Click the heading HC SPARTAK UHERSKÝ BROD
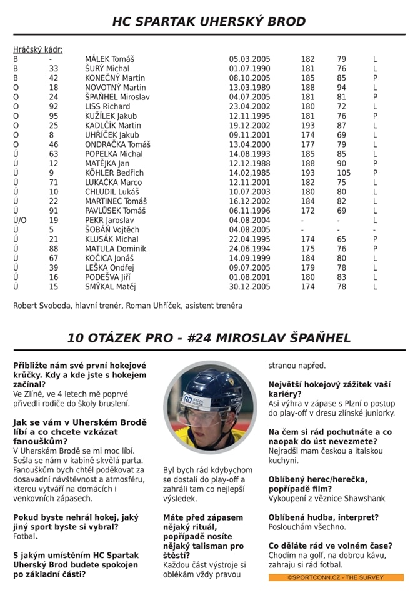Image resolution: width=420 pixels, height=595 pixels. [x=209, y=22]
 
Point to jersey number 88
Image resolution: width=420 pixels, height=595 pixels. [x=54, y=249]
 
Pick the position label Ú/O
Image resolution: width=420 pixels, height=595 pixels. [x=20, y=220]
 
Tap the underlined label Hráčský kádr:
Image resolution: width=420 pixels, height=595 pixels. [x=37, y=49]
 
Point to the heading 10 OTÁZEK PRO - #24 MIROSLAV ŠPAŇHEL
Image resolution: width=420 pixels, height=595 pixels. [x=209, y=338]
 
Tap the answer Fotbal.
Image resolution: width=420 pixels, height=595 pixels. [x=26, y=536]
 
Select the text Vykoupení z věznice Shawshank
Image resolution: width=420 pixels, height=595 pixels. [x=327, y=498]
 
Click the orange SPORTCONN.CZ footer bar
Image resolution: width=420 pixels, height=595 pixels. [x=336, y=577]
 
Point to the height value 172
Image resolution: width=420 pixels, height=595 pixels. [x=308, y=211]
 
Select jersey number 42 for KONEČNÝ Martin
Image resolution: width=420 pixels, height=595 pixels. [x=54, y=78]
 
